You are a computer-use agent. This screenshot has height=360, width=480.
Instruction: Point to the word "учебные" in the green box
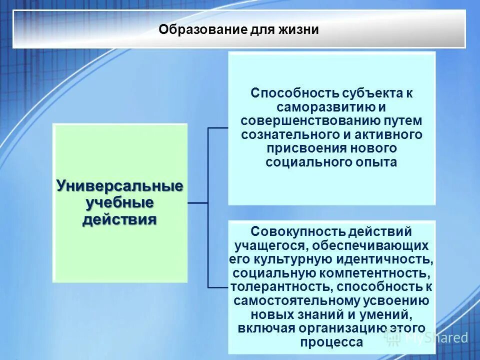coord(119,203)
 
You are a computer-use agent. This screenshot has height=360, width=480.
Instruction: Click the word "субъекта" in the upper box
coord(368,93)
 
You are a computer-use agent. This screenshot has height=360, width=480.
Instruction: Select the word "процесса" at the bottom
coord(331,342)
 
